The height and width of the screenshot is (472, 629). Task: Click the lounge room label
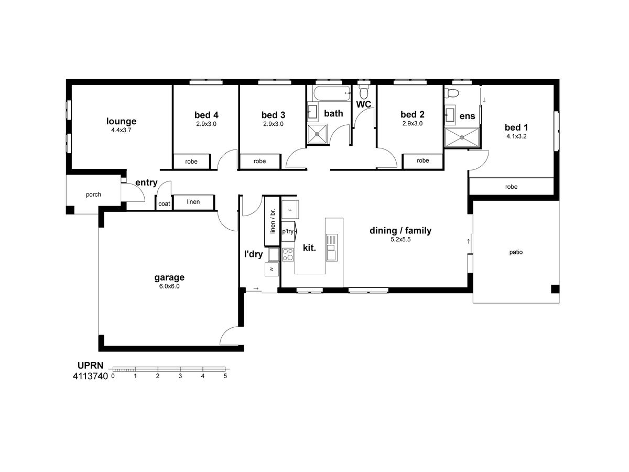(121, 121)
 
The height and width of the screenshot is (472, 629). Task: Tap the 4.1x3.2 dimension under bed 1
(516, 136)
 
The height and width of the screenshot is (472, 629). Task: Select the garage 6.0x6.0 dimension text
(169, 286)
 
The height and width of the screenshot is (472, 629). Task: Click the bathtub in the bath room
(332, 93)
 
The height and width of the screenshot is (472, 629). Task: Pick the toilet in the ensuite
(451, 93)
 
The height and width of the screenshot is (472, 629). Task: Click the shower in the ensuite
(462, 137)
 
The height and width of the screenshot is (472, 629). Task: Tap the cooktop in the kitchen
(288, 254)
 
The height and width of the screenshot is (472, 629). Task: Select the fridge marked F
(290, 210)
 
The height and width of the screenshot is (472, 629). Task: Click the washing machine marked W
(272, 270)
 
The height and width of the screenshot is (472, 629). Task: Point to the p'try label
(288, 231)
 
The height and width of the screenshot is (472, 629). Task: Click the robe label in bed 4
(191, 162)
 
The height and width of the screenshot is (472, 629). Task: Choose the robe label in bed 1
(511, 187)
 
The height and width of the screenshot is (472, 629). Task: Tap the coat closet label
(164, 204)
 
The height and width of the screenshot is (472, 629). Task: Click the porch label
(93, 195)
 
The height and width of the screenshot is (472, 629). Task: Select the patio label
(516, 252)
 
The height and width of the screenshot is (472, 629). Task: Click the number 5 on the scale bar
(225, 376)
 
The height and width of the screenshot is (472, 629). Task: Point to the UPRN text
(90, 366)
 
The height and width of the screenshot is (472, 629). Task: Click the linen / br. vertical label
(273, 221)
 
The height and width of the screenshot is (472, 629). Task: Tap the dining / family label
(400, 231)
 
